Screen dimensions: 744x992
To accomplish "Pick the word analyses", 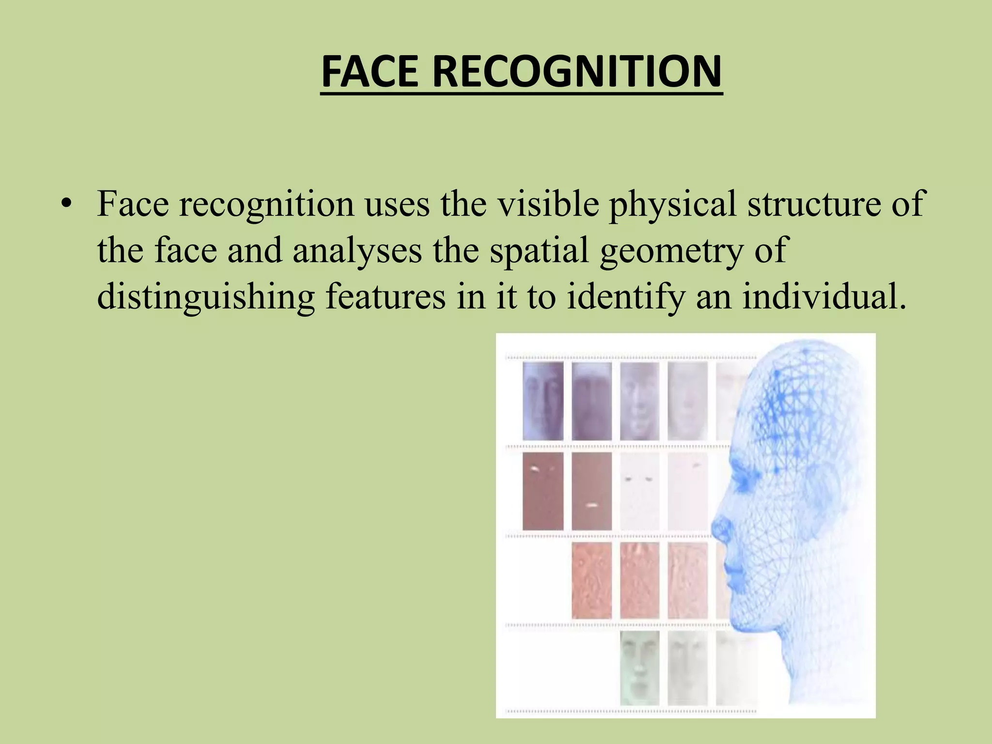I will pyautogui.click(x=357, y=250).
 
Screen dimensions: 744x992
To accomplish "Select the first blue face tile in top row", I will pyautogui.click(x=543, y=401).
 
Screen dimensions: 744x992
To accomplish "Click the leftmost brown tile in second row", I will pyautogui.click(x=543, y=491).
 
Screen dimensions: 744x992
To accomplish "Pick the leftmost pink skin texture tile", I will pyautogui.click(x=591, y=580).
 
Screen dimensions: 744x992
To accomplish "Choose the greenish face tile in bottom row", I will pyautogui.click(x=639, y=667).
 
